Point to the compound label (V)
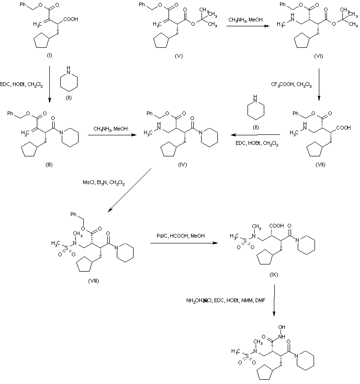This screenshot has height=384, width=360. point(180,56)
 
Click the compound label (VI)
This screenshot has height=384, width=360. point(318,56)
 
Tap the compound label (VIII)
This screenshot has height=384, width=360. point(94,279)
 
